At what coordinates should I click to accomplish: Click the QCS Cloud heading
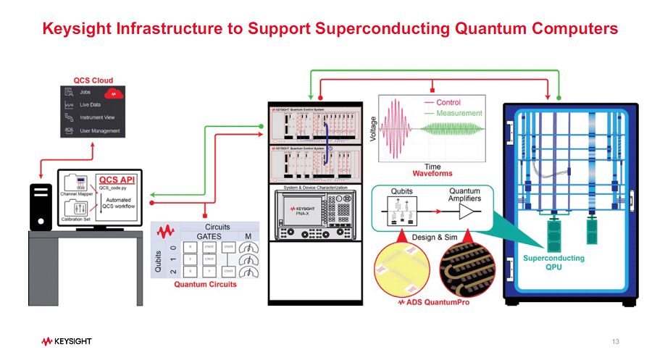93,80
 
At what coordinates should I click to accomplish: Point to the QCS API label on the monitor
116,180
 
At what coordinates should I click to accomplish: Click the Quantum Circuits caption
205,285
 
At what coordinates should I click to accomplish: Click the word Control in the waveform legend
448,103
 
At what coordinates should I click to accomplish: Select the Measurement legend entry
459,113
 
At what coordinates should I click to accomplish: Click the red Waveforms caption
432,175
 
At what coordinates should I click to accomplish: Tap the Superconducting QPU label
553,261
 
